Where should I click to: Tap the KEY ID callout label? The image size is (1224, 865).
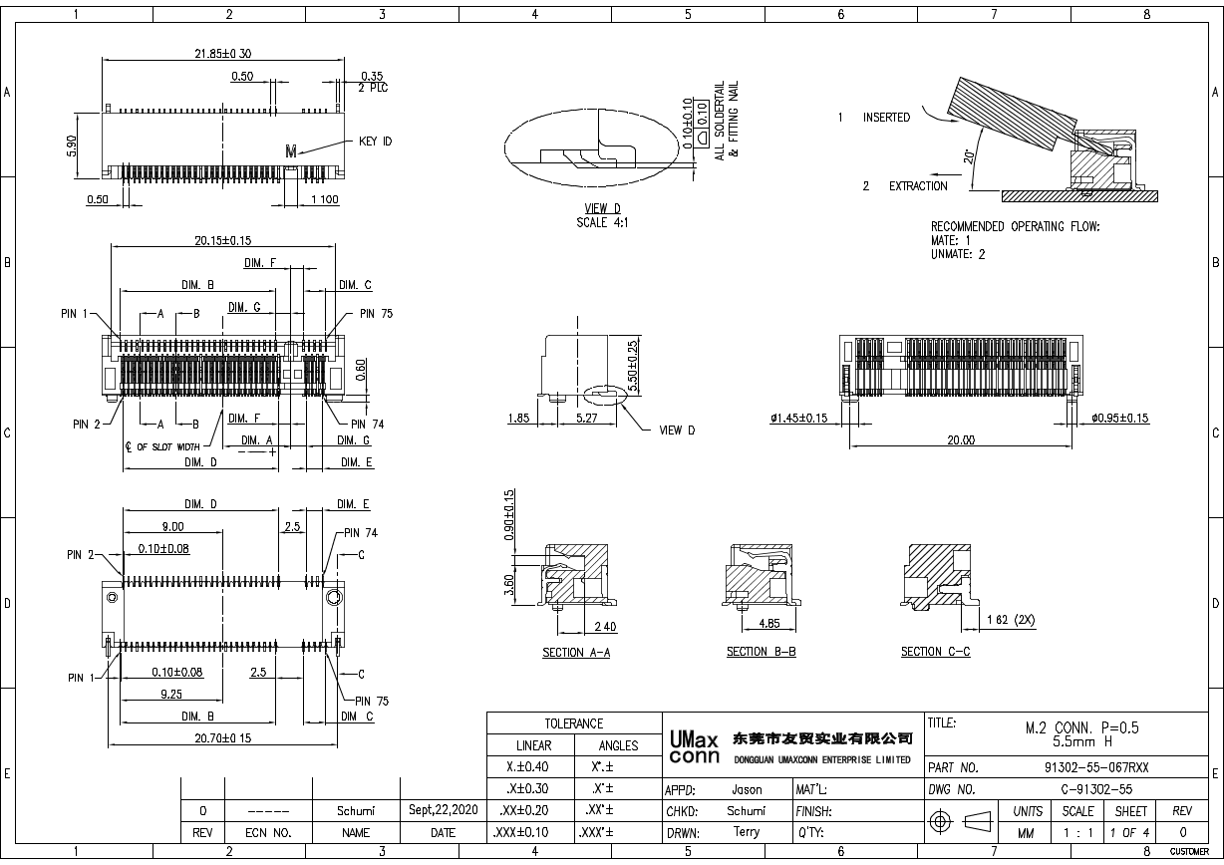click(x=375, y=142)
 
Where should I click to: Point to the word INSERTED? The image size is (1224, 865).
click(x=886, y=118)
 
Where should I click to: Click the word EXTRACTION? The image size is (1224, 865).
click(x=918, y=186)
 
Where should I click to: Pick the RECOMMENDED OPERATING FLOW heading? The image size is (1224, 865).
click(x=1015, y=226)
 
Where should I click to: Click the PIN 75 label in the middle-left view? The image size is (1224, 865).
click(x=376, y=313)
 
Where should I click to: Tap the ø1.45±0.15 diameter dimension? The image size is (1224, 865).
click(x=798, y=419)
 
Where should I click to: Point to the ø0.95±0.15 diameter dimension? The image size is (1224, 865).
click(x=1119, y=419)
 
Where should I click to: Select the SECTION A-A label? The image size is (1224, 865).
click(x=576, y=652)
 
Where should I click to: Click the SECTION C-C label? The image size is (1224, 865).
click(x=935, y=652)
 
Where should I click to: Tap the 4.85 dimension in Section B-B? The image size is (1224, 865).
click(x=768, y=624)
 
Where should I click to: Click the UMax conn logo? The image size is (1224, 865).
click(x=692, y=748)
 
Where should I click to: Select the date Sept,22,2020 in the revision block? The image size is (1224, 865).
click(x=443, y=810)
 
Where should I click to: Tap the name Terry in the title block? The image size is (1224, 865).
click(x=746, y=832)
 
